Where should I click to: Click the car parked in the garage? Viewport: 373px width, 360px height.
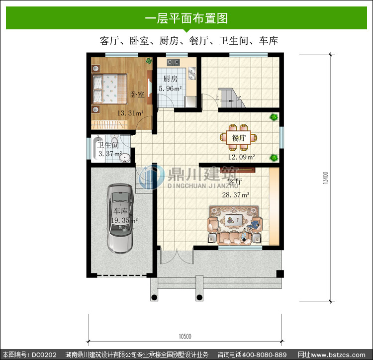point(120,218)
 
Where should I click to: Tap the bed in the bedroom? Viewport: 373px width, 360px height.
point(109,89)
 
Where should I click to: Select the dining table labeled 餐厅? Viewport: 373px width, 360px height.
point(238,138)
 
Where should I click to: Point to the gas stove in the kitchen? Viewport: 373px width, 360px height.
point(173,63)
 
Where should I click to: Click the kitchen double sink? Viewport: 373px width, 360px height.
point(192,73)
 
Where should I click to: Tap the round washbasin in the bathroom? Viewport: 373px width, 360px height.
point(125,157)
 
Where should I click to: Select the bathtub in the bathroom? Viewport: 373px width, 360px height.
point(97,149)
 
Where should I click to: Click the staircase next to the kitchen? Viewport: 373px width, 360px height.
point(231,98)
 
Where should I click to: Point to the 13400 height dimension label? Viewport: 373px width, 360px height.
point(325,178)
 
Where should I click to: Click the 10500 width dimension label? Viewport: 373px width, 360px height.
point(185,336)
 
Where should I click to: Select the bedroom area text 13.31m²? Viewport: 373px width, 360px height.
point(130,113)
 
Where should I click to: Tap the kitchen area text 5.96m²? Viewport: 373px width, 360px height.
point(170,89)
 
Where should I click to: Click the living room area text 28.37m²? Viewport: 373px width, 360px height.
point(236,195)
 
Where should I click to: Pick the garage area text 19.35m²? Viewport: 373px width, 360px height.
point(124,220)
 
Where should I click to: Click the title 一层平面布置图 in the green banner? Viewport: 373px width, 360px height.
point(186,18)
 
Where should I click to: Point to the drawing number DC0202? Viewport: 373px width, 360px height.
point(44,355)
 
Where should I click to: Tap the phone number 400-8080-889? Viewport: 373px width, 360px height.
point(264,355)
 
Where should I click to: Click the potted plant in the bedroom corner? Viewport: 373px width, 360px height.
point(149,61)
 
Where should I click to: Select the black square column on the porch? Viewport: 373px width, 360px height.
point(280,274)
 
